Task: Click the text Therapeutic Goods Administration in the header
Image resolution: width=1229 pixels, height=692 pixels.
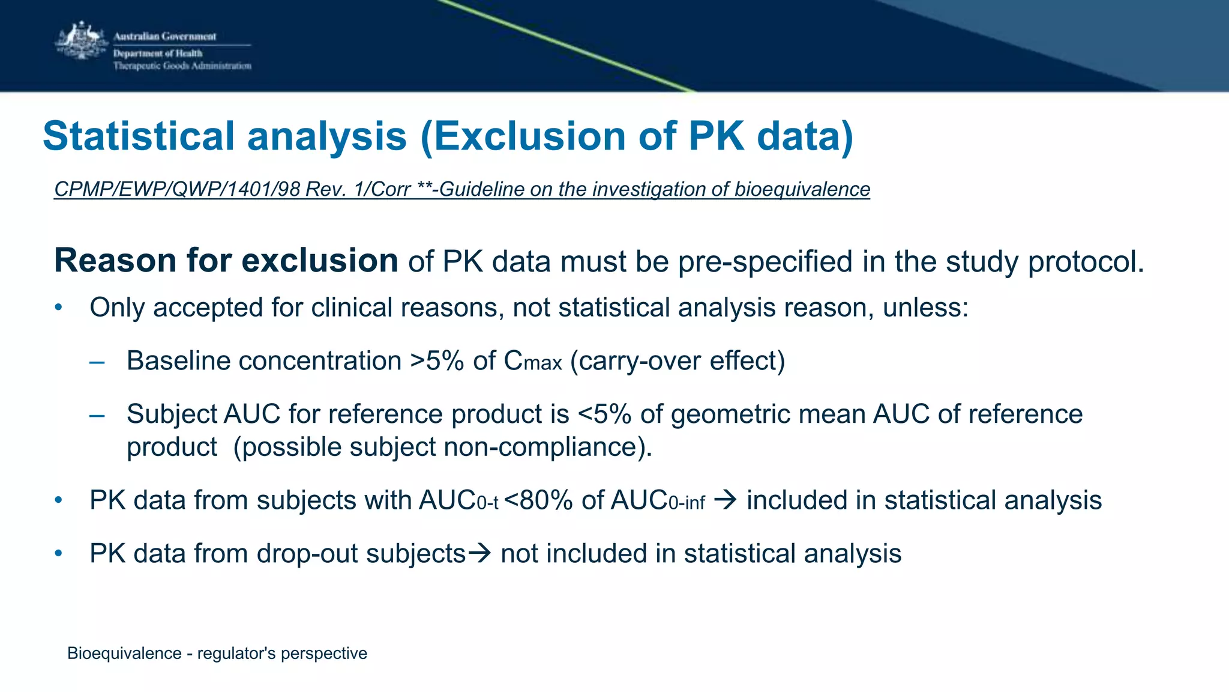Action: click(182, 66)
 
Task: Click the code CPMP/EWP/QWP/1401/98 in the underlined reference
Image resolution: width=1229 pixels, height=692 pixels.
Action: click(177, 189)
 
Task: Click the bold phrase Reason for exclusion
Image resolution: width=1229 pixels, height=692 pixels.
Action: click(226, 261)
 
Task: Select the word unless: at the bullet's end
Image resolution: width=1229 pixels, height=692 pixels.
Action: click(925, 308)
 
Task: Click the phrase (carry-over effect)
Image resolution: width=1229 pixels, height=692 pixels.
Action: click(678, 361)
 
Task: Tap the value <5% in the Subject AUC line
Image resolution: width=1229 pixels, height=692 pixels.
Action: click(605, 414)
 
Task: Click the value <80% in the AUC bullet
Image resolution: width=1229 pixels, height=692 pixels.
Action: click(538, 500)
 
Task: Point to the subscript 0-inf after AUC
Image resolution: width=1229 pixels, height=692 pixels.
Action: click(687, 503)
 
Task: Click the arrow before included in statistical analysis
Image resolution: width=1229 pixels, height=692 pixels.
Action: click(725, 500)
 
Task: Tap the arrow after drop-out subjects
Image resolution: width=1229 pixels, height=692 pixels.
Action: click(479, 553)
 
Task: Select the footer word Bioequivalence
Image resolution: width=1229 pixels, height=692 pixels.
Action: click(124, 654)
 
